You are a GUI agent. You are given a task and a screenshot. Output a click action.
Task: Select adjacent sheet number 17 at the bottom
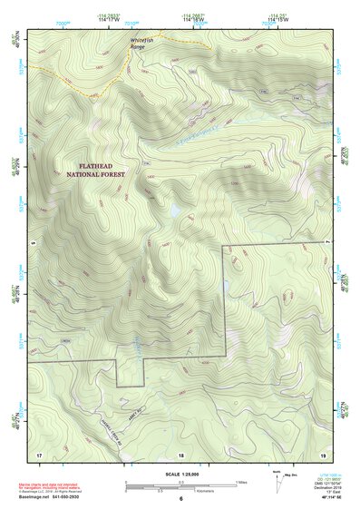pyautogui.click(x=39, y=454)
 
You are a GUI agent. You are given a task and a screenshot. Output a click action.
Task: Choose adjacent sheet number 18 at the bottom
pyautogui.click(x=181, y=454)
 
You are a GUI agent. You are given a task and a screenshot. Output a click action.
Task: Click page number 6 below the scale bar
pyautogui.click(x=181, y=498)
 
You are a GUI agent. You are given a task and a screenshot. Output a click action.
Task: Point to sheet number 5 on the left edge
pyautogui.click(x=30, y=244)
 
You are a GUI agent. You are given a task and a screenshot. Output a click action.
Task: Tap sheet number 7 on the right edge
pyautogui.click(x=329, y=244)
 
